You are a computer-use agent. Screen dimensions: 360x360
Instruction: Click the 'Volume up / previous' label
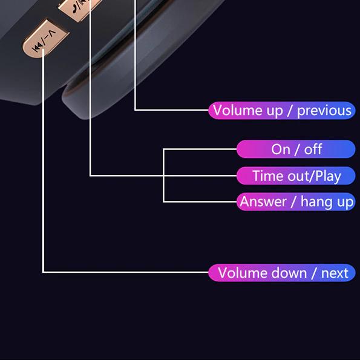coord(282,111)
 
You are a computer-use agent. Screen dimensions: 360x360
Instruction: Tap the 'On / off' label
coord(296,149)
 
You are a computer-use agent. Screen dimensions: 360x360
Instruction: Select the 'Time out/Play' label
coord(296,176)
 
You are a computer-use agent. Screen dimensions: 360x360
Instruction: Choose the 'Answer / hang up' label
coord(296,202)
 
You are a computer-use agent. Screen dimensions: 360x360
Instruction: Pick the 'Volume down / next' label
coord(282,273)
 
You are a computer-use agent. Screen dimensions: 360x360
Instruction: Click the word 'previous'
coord(324,111)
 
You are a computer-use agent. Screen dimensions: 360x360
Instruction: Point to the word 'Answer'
coord(263,202)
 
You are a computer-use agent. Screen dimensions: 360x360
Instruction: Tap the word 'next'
coord(335,273)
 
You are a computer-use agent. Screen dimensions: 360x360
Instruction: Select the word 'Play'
coord(328,177)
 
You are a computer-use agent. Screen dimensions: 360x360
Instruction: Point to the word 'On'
coord(281,149)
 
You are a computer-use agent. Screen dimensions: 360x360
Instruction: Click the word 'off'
coord(313,149)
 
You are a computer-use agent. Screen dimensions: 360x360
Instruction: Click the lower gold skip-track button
coord(45,38)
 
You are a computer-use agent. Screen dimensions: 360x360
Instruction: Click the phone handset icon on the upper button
coord(74,9)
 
